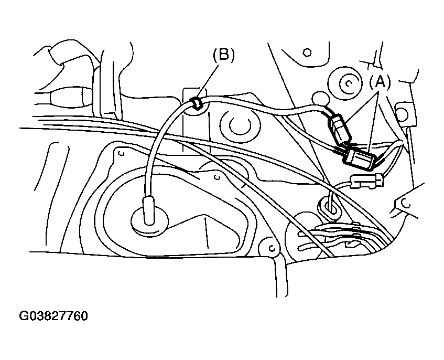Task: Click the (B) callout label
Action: click(223, 55)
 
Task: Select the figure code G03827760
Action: click(53, 316)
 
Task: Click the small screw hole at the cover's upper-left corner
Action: click(120, 154)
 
